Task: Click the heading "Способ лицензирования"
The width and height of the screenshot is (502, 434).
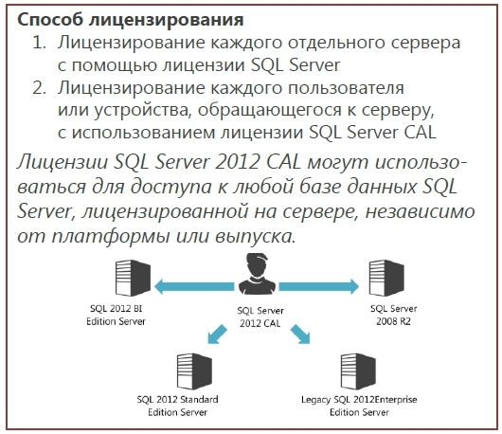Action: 131,21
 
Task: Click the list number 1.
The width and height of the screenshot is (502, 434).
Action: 40,43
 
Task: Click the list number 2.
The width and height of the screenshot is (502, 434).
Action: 40,88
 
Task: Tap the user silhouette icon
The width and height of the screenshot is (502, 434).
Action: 257,274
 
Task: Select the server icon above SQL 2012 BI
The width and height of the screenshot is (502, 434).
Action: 133,278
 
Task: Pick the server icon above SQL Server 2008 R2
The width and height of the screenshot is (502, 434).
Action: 386,278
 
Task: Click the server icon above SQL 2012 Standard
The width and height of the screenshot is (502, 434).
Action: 194,371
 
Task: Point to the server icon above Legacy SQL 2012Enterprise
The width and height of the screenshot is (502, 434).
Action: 358,371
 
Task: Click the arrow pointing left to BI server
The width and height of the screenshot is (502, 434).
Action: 194,286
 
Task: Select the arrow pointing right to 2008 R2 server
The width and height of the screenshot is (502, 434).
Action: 319,286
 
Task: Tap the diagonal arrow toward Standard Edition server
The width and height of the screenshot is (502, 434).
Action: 217,335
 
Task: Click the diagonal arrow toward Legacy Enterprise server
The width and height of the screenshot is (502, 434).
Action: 300,335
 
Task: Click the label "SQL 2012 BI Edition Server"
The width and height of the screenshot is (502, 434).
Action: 116,315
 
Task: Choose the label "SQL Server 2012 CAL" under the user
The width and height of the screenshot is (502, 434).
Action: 260,317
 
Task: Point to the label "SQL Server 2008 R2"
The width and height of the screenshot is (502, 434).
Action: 393,315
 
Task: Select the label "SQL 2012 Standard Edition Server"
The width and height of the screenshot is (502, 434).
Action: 178,406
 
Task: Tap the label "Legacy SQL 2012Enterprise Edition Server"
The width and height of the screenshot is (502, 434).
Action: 359,406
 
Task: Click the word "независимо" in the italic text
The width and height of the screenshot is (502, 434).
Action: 420,211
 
